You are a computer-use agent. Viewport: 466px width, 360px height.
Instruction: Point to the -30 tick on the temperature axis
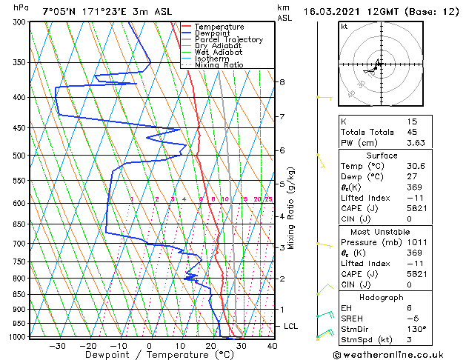tap(57, 345)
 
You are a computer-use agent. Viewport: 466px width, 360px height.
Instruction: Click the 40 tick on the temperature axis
tap(272, 345)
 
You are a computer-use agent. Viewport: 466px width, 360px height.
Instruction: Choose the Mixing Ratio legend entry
tap(219, 65)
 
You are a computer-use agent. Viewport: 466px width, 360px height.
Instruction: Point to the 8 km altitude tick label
tap(282, 81)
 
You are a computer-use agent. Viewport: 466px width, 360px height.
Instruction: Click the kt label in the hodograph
tap(344, 26)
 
